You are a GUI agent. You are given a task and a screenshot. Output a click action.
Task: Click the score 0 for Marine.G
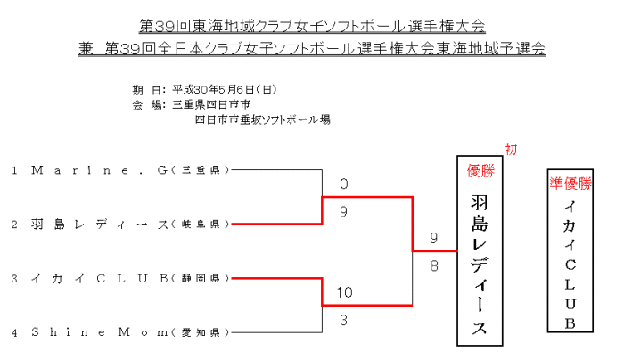pos(343,185)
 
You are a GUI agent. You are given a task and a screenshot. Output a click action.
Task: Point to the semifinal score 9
pos(343,212)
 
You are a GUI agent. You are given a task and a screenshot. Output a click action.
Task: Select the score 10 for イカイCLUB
pos(346,291)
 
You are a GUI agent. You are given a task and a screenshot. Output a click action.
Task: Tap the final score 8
pos(434,265)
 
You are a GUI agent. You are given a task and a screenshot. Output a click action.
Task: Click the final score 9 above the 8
pos(434,239)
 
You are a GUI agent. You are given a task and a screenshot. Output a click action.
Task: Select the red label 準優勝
pos(570,184)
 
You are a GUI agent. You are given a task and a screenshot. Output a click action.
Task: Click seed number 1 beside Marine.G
pos(15,168)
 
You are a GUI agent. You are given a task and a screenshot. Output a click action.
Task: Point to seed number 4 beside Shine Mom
pos(15,332)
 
